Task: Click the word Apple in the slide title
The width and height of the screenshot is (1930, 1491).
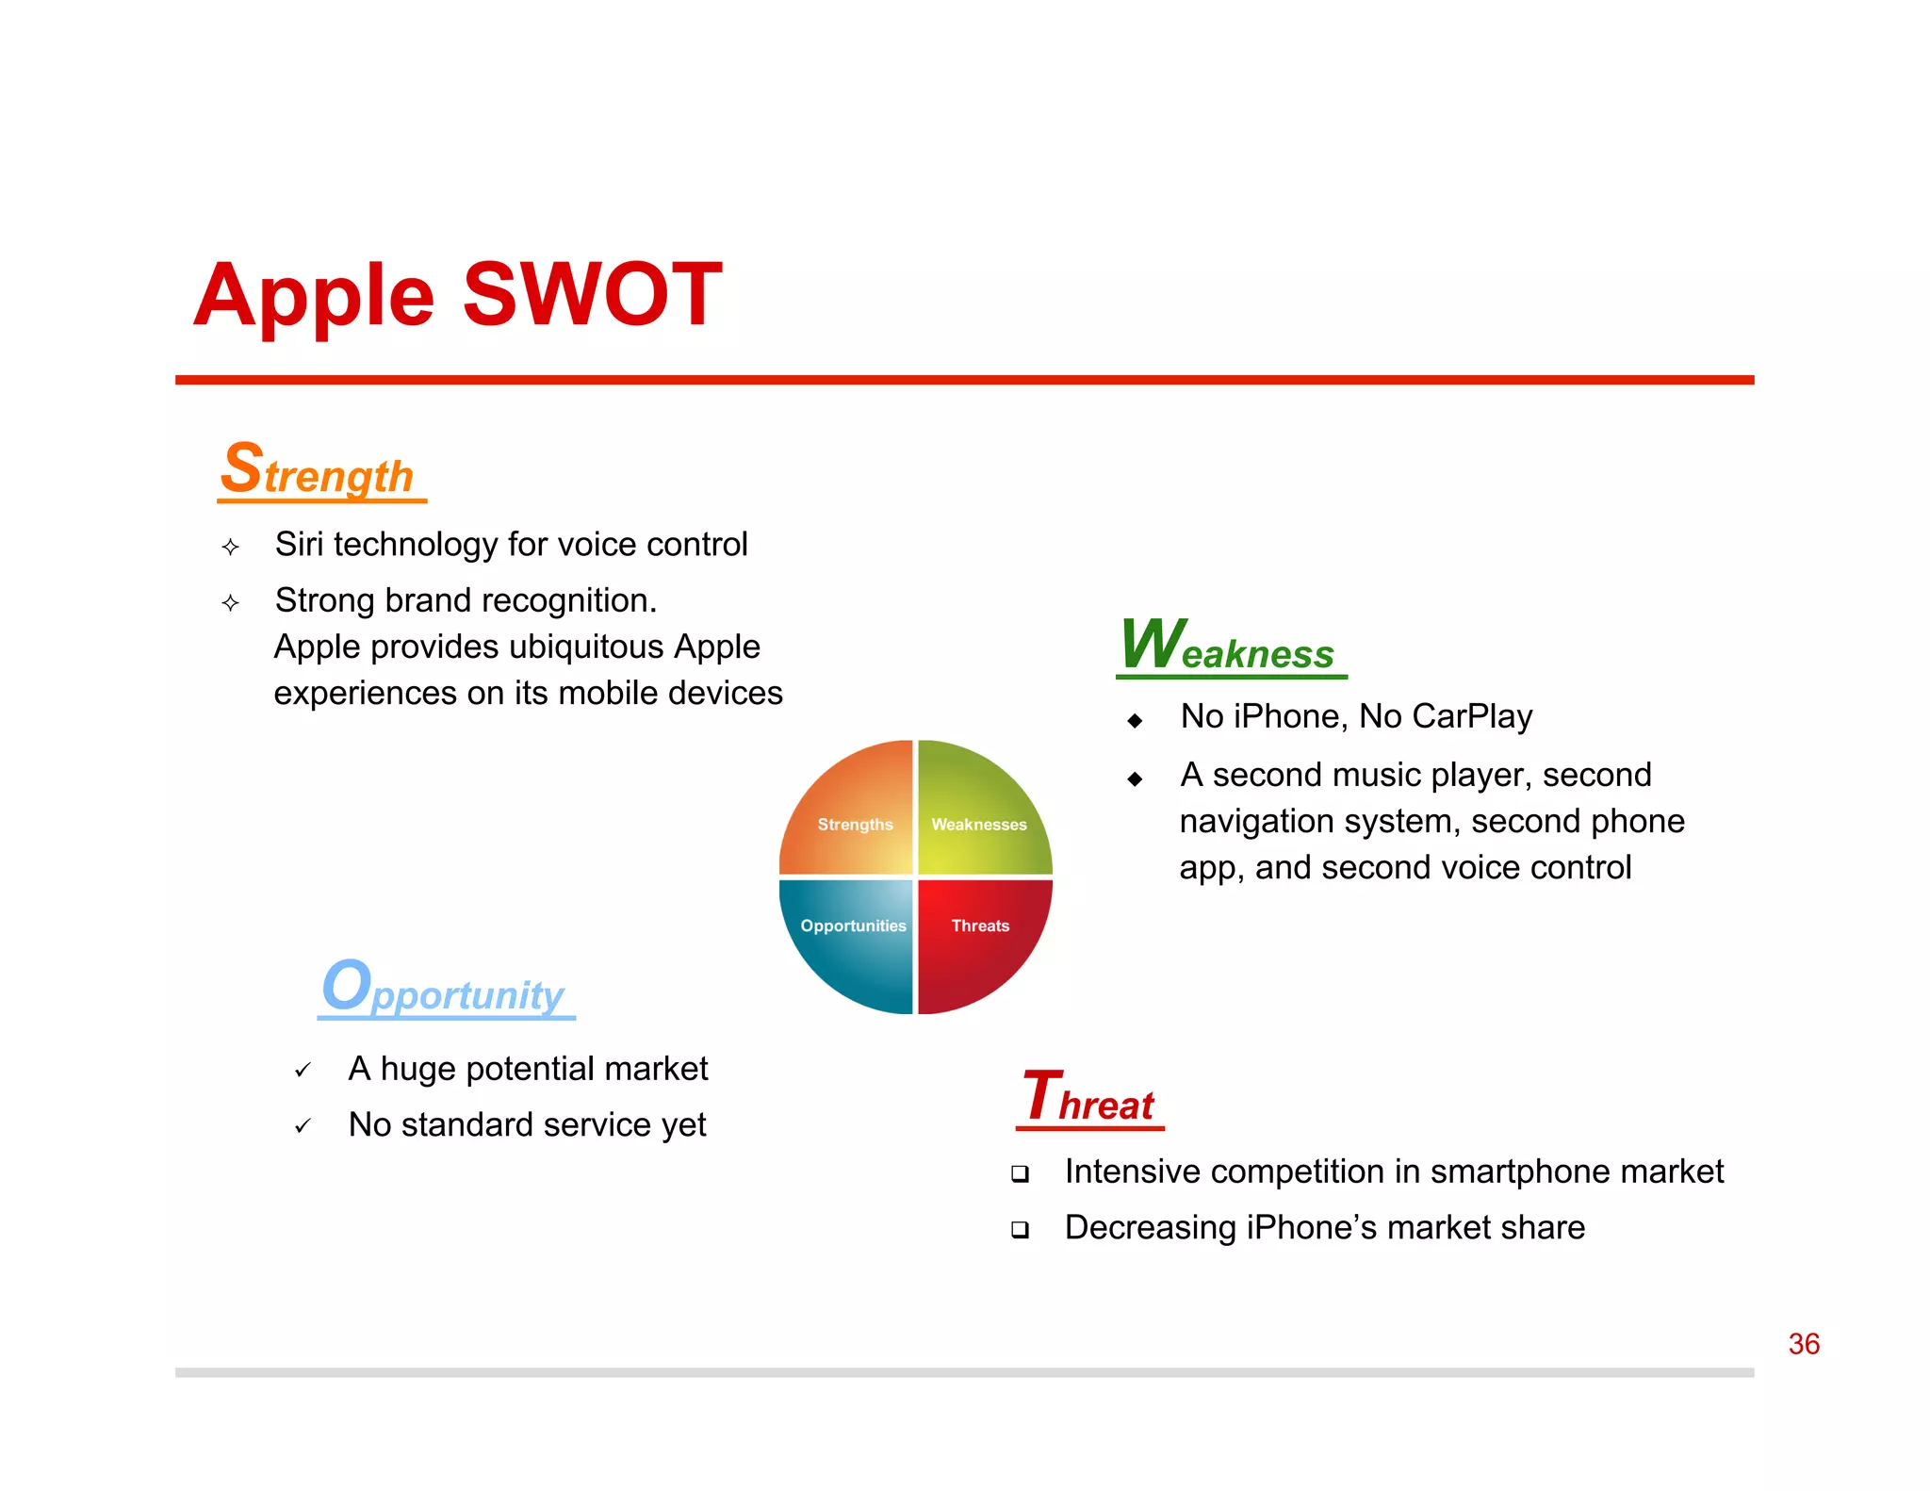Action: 315,295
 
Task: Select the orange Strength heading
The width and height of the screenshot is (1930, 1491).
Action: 320,471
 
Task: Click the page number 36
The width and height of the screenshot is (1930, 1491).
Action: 1804,1344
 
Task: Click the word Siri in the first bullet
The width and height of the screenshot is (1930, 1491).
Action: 299,545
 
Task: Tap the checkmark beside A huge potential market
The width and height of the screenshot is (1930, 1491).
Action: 303,1071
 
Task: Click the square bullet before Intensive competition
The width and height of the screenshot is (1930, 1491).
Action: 1020,1174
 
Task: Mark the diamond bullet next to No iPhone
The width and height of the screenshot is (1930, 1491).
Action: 1135,721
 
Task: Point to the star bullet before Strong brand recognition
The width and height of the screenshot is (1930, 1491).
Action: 231,603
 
